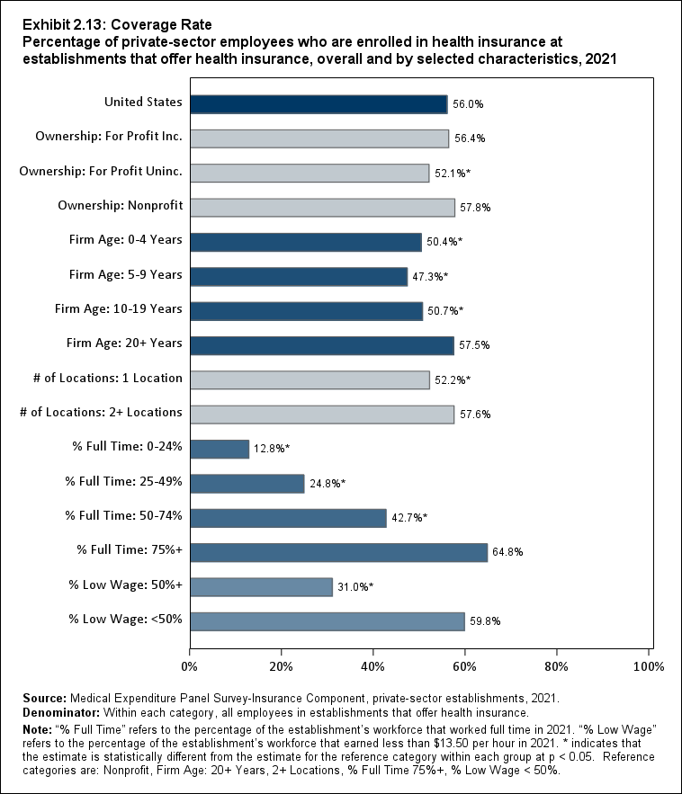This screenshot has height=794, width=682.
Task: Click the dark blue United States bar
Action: pyautogui.click(x=319, y=104)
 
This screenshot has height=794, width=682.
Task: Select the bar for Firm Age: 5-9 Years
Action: pyautogui.click(x=299, y=276)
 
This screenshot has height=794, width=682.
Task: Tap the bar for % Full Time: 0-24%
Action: pyautogui.click(x=220, y=449)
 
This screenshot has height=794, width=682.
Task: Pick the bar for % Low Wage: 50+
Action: pyautogui.click(x=261, y=586)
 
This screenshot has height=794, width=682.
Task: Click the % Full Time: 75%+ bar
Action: pyautogui.click(x=338, y=552)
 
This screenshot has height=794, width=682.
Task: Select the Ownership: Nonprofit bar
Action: pyautogui.click(x=322, y=208)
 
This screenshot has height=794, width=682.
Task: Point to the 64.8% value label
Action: pyautogui.click(x=508, y=553)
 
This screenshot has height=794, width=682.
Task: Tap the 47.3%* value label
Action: pyautogui.click(x=430, y=277)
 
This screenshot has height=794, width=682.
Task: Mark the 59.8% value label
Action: pyautogui.click(x=486, y=621)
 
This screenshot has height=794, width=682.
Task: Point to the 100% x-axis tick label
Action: pyautogui.click(x=649, y=666)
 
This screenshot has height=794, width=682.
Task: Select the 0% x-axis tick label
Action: pyautogui.click(x=190, y=666)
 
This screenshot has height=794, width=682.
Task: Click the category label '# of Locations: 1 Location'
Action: pyautogui.click(x=101, y=378)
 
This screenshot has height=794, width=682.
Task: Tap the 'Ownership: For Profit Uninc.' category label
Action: pyautogui.click(x=101, y=171)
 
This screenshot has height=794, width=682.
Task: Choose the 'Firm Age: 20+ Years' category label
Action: pyautogui.click(x=124, y=343)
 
